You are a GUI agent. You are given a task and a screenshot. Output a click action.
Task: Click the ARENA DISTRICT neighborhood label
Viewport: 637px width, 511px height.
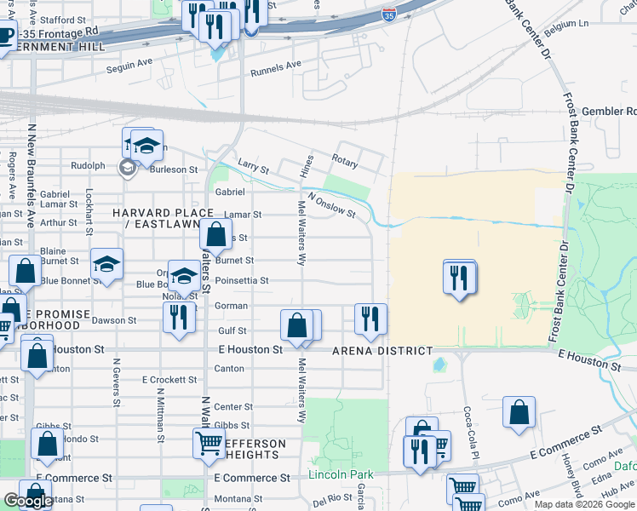(x=382, y=351)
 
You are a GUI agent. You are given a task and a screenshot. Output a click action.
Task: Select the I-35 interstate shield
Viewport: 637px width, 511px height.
(x=388, y=14)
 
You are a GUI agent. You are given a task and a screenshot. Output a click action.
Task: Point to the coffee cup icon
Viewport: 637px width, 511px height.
(x=4, y=36)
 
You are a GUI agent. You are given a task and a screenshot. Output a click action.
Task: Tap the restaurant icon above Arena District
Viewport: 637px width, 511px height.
(x=370, y=318)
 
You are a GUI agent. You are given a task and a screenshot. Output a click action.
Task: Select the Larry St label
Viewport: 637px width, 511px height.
(x=253, y=169)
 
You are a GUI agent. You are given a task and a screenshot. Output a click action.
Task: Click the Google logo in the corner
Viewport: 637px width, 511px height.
(x=27, y=501)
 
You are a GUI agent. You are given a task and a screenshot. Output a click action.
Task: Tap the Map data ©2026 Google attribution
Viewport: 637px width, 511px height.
(x=584, y=504)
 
